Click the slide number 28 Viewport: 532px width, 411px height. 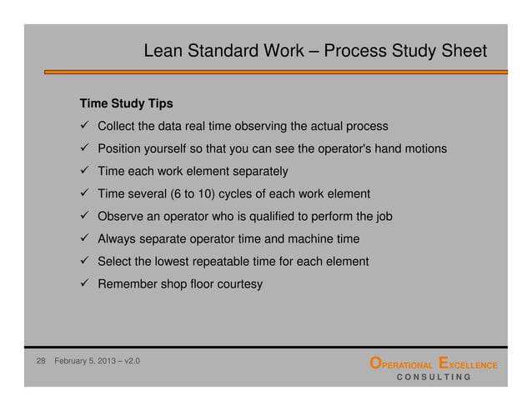click(39, 363)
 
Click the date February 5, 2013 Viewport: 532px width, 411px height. click(85, 363)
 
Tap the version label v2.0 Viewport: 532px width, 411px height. click(131, 363)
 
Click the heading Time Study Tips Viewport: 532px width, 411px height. click(126, 104)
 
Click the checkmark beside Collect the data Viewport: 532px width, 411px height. click(85, 127)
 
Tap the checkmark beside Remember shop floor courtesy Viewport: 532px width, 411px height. click(85, 284)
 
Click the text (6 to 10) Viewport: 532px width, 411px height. click(194, 194)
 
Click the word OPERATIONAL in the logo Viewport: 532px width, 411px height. click(401, 363)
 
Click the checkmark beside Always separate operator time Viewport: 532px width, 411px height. click(85, 239)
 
